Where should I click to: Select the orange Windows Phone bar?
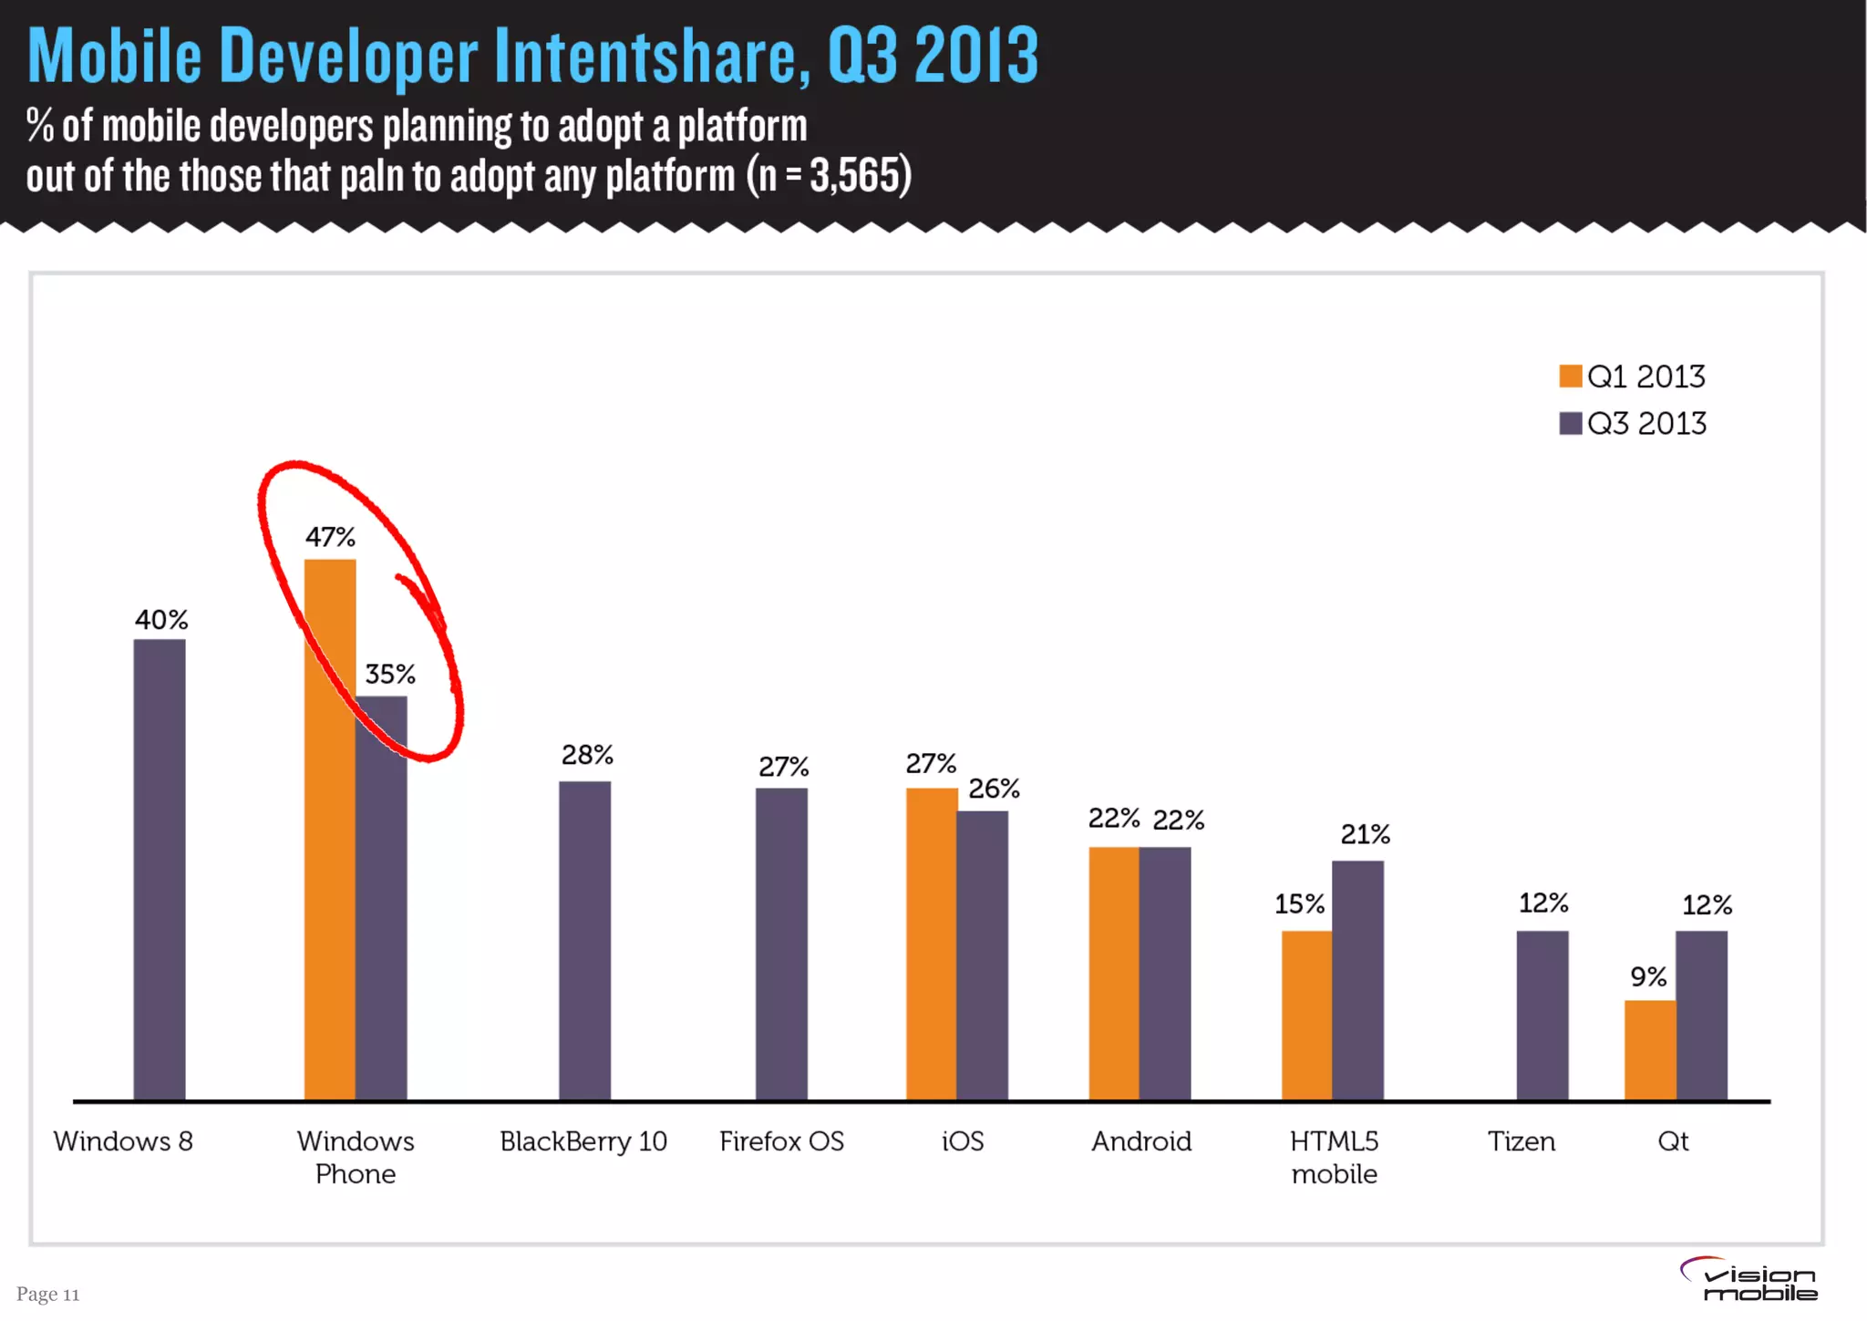329,830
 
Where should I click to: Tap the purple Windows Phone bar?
382,898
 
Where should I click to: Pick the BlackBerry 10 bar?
584,940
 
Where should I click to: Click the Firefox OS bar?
781,944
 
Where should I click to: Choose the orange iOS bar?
931,944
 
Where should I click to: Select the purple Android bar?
1165,973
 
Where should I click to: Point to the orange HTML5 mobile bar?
1306,1015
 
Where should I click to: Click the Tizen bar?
1542,1015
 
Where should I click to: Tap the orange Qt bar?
1650,1049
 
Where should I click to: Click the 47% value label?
330,537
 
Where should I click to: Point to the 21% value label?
1365,834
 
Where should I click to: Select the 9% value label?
1648,977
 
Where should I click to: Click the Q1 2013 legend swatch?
1570,377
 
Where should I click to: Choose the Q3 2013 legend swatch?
1570,423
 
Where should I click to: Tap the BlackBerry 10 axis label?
583,1141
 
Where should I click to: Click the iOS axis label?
963,1141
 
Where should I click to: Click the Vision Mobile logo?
1748,1280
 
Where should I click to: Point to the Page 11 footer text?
48,1294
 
